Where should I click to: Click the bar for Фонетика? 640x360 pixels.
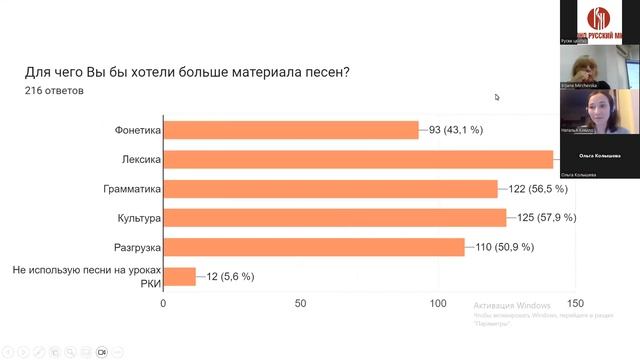pyautogui.click(x=290, y=130)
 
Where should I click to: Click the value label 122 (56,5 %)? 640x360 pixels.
pyautogui.click(x=540, y=189)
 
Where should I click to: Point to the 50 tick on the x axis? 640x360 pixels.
pyautogui.click(x=300, y=303)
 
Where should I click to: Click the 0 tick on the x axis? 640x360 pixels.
pyautogui.click(x=163, y=303)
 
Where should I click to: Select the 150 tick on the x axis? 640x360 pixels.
pyautogui.click(x=575, y=303)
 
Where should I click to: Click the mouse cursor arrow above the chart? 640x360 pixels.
pyautogui.click(x=497, y=97)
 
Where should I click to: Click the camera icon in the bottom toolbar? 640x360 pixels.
pyautogui.click(x=101, y=352)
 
